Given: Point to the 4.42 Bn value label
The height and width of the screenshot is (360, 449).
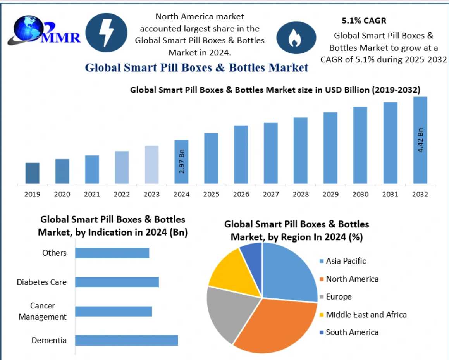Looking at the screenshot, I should (420, 140).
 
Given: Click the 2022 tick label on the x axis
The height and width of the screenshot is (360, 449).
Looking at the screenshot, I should (122, 194).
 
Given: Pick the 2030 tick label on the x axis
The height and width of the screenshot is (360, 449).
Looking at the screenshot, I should (360, 194).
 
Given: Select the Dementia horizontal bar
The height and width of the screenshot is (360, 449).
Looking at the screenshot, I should (126, 341).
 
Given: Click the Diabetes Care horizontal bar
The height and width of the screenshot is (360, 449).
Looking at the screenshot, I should (117, 282).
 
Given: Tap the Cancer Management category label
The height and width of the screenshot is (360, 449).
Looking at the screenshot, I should (43, 312).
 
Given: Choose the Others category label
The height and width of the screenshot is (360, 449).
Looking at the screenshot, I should (55, 253).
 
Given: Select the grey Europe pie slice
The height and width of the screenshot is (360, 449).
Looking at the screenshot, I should (229, 310).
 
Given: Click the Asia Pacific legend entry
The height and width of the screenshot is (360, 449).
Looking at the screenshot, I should (343, 261).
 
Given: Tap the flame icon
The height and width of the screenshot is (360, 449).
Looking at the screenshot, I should (292, 37).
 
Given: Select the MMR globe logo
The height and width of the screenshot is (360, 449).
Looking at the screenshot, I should (27, 31).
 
